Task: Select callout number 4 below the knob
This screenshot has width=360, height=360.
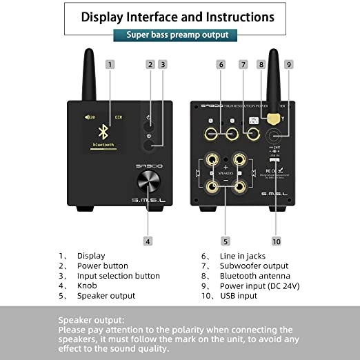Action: (x=148, y=241)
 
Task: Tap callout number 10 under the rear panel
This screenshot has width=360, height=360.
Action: (x=276, y=241)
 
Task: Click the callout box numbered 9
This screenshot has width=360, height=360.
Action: (x=289, y=64)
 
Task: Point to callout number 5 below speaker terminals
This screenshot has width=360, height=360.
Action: (x=225, y=241)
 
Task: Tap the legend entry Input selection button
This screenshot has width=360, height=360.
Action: (x=118, y=276)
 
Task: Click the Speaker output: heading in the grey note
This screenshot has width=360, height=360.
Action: (x=91, y=320)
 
